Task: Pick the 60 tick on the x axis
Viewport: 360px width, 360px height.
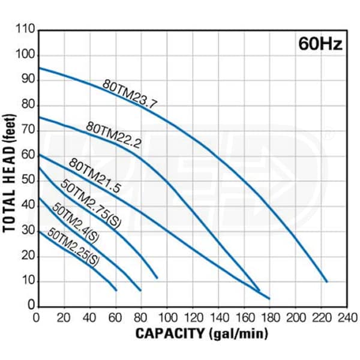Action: (115, 316)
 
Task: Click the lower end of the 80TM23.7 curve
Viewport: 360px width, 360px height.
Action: (327, 281)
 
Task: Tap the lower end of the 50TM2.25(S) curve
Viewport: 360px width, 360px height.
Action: (116, 290)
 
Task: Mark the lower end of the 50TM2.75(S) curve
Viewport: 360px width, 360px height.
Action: (157, 278)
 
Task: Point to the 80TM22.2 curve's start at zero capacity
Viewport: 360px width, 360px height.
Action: (38, 117)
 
